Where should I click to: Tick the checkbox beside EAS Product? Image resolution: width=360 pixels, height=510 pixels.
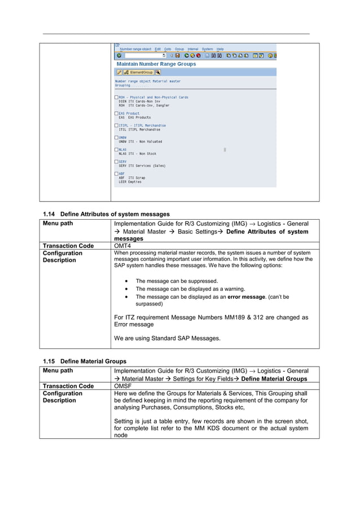click(x=116, y=113)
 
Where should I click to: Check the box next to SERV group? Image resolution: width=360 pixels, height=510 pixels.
click(x=116, y=161)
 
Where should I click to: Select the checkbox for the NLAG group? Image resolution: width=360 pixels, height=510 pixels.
click(x=116, y=149)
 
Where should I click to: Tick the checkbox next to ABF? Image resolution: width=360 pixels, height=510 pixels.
click(x=116, y=173)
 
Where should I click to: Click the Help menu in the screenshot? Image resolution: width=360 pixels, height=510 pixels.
click(x=220, y=49)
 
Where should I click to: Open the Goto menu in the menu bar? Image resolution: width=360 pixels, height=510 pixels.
click(x=168, y=49)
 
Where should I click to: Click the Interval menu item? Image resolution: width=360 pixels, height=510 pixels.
click(x=193, y=49)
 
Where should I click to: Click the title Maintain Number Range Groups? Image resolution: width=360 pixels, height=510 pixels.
click(x=156, y=64)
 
